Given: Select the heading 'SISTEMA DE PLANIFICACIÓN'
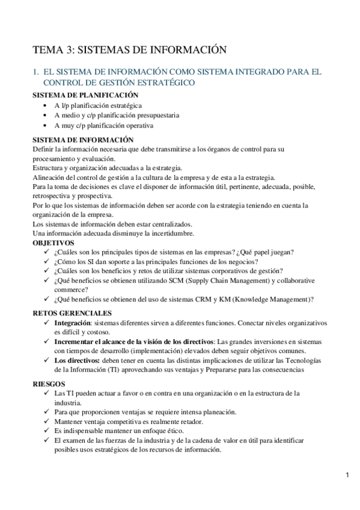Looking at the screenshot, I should coord(85,94).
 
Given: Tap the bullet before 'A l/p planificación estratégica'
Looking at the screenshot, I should coord(47,105).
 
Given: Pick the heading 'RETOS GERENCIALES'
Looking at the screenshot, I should coord(72,313).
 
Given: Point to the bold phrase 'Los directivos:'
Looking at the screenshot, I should coord(77,360).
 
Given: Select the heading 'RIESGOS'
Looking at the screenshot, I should coord(49,383).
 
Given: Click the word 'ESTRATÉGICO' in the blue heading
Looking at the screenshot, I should coord(165,82).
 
